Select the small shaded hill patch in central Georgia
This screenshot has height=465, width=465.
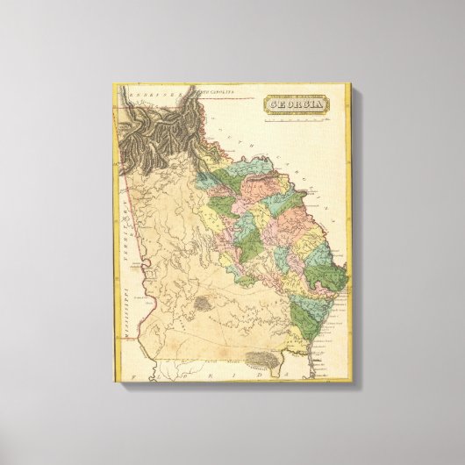(204, 303)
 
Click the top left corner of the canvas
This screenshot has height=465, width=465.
(113, 82)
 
